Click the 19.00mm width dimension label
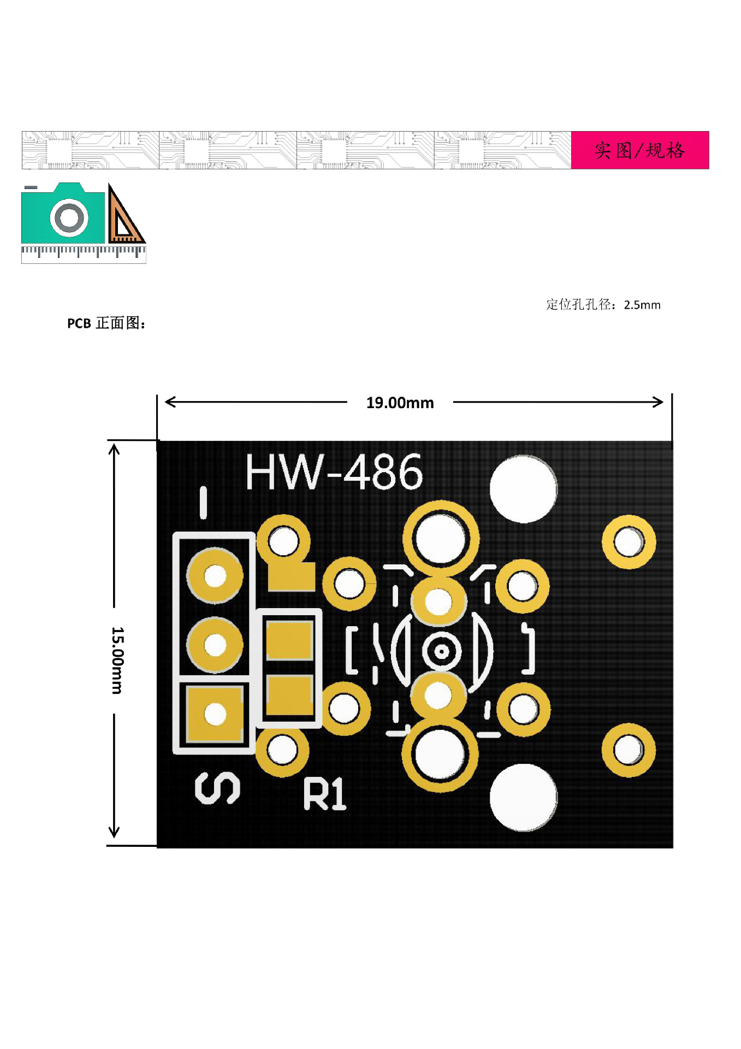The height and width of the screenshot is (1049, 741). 400,403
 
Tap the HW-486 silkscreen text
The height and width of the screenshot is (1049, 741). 334,472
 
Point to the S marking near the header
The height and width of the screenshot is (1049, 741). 217,788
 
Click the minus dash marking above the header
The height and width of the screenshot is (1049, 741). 204,503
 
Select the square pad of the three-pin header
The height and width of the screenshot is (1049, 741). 215,714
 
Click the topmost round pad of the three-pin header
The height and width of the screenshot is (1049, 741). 215,575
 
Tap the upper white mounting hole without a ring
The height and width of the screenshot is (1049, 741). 523,489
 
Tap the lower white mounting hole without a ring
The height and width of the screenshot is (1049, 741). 523,798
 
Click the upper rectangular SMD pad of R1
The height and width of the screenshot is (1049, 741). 289,640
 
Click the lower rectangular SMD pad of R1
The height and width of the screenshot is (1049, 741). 289,695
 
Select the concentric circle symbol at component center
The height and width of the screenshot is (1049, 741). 441,651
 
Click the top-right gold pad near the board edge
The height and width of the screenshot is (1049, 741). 629,542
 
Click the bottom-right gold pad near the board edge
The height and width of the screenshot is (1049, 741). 628,750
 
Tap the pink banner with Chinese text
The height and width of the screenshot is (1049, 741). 639,150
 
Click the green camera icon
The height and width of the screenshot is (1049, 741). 63,215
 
